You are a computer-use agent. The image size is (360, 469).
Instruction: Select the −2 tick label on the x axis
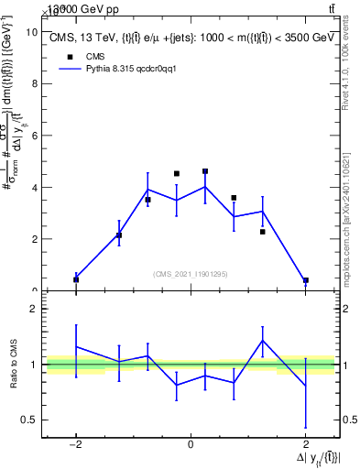75,445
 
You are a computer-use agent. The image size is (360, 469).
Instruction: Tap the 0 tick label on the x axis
191,445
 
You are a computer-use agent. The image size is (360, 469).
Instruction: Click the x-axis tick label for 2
305,445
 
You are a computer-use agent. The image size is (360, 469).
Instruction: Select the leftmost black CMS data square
76,279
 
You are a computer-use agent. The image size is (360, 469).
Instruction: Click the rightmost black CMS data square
305,280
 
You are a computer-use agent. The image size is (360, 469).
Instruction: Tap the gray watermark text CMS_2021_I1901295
191,274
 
